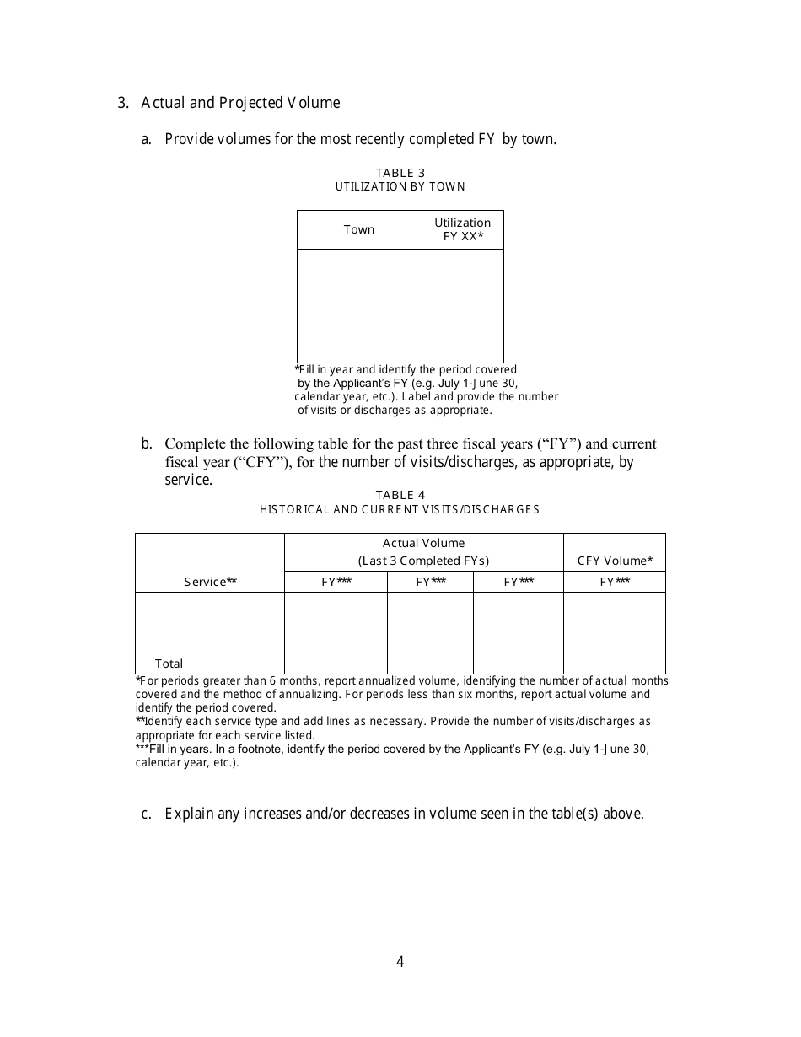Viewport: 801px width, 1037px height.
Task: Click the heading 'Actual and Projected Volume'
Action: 240,103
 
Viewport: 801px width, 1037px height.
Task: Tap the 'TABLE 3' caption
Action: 400,173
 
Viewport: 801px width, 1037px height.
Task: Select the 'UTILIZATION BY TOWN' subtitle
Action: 400,186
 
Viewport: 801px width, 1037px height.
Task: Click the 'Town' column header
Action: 359,229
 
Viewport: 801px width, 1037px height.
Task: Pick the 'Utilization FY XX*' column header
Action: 463,229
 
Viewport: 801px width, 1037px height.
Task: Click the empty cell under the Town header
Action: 359,305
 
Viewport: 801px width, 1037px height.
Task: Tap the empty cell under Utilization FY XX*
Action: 463,305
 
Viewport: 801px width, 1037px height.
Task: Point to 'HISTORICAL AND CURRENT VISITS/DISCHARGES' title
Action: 400,509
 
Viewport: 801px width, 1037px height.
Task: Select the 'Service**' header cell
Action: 210,582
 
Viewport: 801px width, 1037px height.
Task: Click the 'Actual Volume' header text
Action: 423,543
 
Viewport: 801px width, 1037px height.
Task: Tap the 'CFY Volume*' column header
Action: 615,561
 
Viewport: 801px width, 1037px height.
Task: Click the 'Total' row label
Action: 169,664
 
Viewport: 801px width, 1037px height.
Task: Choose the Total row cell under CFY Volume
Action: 615,664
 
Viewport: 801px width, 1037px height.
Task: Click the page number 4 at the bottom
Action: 400,962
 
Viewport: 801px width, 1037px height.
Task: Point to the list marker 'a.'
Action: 147,139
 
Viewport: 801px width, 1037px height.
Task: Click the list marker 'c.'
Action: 147,814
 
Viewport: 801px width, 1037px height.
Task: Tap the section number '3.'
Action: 123,103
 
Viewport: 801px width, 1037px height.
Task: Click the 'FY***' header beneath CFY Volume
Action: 615,582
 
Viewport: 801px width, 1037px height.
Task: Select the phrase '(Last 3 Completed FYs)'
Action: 423,561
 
